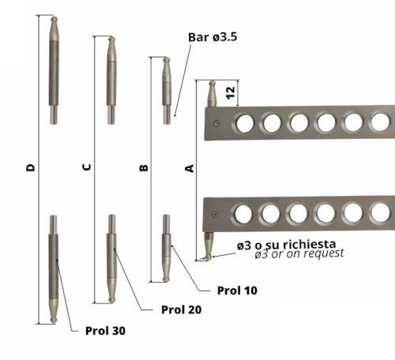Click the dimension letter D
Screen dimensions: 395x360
[31, 167]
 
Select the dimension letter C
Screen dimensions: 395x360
[87, 167]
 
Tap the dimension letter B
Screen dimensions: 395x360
[144, 167]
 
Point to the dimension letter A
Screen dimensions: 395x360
[190, 168]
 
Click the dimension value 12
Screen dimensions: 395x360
[231, 93]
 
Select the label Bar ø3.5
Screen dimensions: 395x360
[213, 37]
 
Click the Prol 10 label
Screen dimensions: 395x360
[237, 291]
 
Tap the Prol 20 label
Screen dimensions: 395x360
[181, 309]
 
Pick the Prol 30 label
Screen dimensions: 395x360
[105, 331]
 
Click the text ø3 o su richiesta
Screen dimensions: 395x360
[286, 245]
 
